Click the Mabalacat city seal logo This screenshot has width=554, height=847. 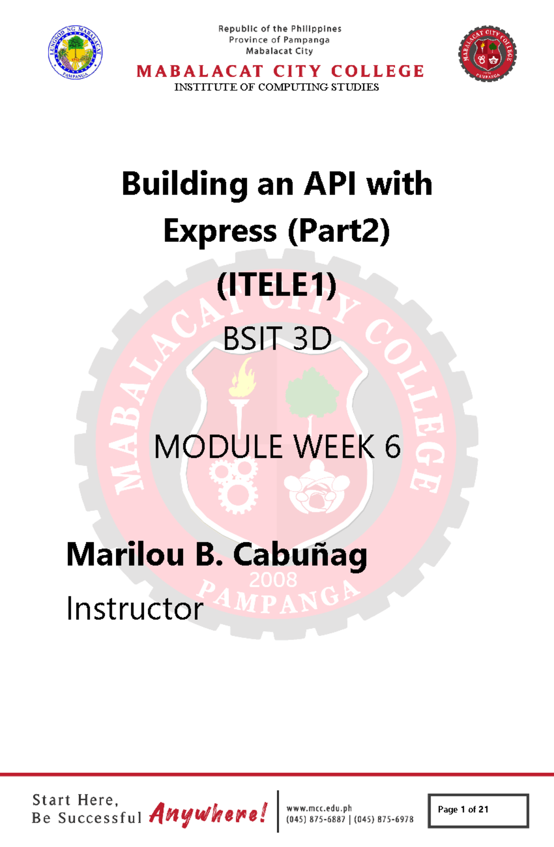pos(75,52)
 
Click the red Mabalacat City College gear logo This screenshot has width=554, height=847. pos(488,54)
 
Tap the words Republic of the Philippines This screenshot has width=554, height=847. pos(280,29)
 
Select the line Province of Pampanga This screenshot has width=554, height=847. pos(279,40)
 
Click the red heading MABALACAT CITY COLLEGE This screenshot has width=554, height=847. pos(280,71)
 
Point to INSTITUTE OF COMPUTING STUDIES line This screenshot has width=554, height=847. pos(277,87)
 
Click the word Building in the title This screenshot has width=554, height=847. pos(185,184)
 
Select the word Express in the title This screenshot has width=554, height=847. pos(220,231)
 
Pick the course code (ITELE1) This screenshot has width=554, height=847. pos(277,285)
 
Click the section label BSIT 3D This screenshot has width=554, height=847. pos(277,338)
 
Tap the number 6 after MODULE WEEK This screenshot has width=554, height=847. pos(392,447)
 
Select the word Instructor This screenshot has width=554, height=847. pos(134,608)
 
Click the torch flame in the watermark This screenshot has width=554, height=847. pos(243,378)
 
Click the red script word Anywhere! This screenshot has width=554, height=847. pos(208,813)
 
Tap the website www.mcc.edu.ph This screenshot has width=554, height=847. pos(319,808)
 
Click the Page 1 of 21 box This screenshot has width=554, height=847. pos(478,810)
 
